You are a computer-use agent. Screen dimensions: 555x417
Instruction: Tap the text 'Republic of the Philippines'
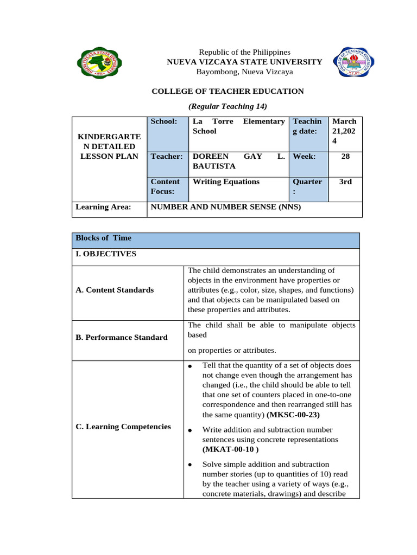tap(244, 51)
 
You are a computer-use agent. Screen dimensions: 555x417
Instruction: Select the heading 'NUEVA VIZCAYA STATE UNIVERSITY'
tap(244, 62)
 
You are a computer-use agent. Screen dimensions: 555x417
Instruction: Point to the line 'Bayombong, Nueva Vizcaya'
tap(244, 72)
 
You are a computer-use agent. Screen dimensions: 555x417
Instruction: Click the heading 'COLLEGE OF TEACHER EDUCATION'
tap(228, 91)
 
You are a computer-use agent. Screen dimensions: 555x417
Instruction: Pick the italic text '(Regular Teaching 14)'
tap(228, 106)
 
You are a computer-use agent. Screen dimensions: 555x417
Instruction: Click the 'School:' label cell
tap(164, 122)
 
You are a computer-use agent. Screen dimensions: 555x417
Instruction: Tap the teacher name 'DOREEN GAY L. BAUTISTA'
tap(238, 161)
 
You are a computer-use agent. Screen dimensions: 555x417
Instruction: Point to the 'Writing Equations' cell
tap(226, 182)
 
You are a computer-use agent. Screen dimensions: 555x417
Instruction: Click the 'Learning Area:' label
tap(103, 206)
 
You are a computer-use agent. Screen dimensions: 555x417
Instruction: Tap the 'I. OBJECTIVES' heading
tap(106, 254)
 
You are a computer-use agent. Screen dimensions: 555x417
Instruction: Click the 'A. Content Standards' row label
tap(115, 290)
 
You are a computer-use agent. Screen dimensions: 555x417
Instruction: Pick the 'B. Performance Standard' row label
tap(122, 337)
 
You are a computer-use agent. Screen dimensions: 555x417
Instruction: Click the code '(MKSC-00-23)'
tap(293, 415)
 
